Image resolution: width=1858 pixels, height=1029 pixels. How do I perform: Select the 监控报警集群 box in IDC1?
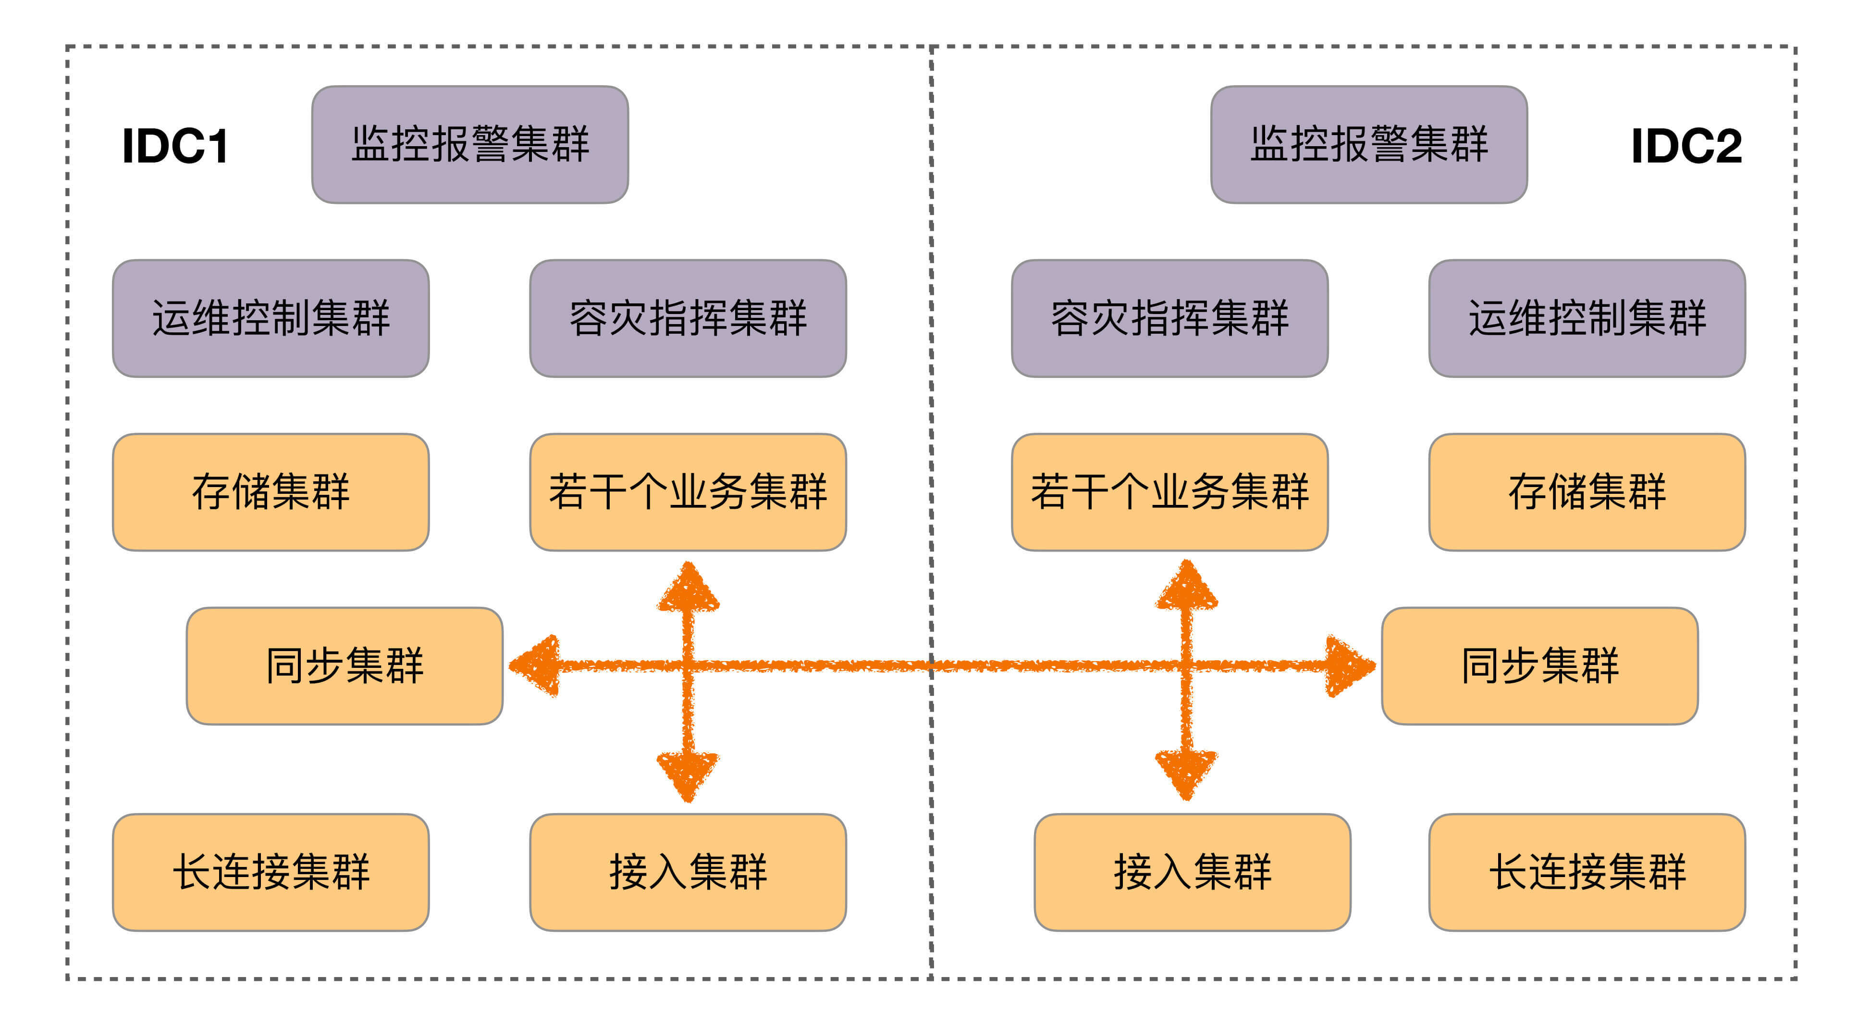(469, 144)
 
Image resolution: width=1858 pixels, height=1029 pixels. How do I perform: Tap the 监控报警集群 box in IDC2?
(1368, 144)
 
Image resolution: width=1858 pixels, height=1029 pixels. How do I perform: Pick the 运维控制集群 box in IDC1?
(271, 318)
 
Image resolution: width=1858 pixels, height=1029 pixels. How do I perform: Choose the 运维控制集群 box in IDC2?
(1587, 318)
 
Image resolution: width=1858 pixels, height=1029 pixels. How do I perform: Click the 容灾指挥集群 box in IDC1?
(688, 318)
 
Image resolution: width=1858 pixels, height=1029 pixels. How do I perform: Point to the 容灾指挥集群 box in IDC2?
(1169, 318)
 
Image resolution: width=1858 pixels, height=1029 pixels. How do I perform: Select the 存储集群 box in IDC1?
(271, 492)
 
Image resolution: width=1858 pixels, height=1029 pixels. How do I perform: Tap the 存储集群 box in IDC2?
(1587, 492)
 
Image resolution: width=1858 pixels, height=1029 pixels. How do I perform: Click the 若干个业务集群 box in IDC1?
(688, 492)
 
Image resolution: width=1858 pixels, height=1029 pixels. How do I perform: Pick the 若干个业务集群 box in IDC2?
(1169, 492)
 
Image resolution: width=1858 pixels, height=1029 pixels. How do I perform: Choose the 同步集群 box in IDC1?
(344, 665)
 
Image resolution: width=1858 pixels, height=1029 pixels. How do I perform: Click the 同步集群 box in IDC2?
(1539, 665)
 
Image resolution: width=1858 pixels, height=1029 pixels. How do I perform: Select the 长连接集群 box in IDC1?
(271, 872)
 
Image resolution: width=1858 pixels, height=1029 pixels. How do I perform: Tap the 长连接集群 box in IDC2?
(1587, 872)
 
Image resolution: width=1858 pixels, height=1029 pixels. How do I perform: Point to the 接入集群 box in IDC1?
(688, 872)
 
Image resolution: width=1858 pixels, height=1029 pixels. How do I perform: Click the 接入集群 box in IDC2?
(1192, 872)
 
